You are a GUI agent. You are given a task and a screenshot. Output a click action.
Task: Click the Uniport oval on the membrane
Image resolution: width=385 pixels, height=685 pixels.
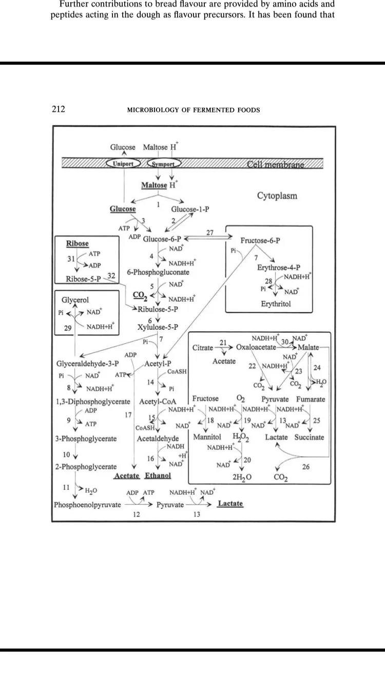(123, 164)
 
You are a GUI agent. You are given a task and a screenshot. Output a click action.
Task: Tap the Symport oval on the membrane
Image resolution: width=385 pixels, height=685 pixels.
(161, 164)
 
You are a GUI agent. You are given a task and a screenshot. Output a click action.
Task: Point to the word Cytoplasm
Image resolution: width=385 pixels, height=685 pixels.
(277, 196)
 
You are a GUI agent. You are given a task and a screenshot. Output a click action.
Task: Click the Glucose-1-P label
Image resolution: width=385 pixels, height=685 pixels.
(190, 210)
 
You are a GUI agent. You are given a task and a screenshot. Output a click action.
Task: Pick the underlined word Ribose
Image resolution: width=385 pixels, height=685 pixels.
(78, 243)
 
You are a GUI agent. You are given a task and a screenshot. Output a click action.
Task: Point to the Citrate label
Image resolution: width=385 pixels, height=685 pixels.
(203, 348)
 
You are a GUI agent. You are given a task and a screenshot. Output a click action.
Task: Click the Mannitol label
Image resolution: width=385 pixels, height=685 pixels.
(207, 437)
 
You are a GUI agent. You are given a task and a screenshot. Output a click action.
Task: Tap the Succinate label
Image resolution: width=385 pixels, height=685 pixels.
(309, 437)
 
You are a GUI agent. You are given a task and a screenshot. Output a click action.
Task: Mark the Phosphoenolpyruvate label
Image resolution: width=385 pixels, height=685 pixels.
(87, 505)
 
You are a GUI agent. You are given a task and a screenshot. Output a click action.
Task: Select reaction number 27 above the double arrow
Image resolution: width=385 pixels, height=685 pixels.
(210, 233)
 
